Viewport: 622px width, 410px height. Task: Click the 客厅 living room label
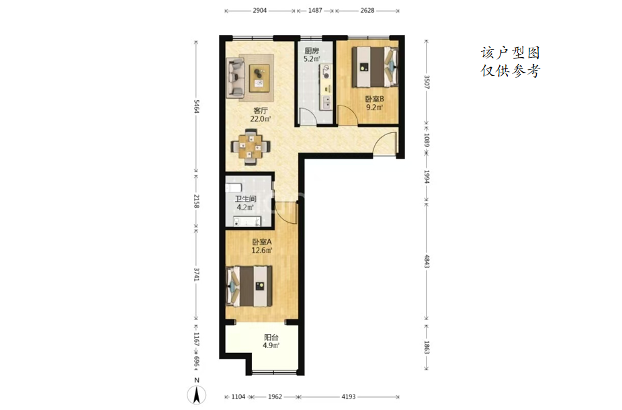click(x=260, y=111)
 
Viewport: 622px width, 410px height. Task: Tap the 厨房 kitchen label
click(x=312, y=51)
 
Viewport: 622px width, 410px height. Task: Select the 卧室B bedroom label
click(x=374, y=99)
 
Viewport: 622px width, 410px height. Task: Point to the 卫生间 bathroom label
click(x=245, y=199)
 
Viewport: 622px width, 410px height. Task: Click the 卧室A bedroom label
click(x=262, y=242)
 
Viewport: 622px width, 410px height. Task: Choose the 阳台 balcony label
click(x=271, y=337)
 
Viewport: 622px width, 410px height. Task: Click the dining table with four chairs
click(x=251, y=147)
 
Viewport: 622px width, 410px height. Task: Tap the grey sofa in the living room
click(x=235, y=78)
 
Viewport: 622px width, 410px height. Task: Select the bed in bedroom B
click(x=375, y=67)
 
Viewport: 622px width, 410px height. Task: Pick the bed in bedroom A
click(x=249, y=286)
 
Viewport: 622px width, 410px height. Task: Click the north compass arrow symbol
click(x=196, y=395)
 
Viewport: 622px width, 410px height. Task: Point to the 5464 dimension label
click(x=196, y=106)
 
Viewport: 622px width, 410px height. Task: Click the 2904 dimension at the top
click(x=260, y=11)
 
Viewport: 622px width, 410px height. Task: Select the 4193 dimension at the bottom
click(x=349, y=397)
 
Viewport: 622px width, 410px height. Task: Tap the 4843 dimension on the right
click(x=427, y=261)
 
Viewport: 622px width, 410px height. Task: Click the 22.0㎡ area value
click(x=260, y=119)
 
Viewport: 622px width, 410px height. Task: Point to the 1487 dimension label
click(x=315, y=11)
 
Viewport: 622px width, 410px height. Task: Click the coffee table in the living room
click(x=259, y=78)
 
